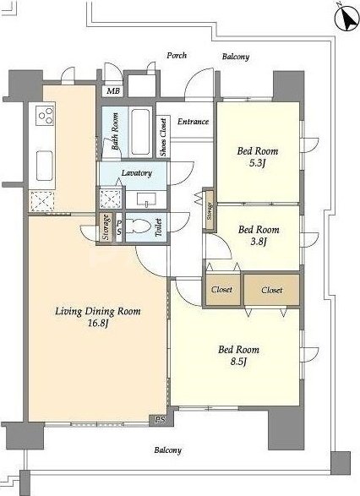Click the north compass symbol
[346, 19]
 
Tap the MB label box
[112, 91]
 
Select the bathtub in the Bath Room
[140, 132]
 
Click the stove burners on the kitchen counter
[45, 115]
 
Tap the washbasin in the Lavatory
[146, 200]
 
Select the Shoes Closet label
[163, 137]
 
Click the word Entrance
[193, 122]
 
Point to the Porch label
[177, 56]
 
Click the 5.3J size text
[258, 163]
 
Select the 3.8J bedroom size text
[259, 242]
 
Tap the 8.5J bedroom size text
[238, 362]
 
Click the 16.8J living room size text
[98, 324]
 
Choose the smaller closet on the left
[221, 290]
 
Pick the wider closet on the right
[272, 290]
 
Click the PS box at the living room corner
[161, 420]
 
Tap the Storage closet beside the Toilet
[106, 227]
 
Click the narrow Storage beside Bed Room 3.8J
[209, 211]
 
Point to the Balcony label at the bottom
[167, 450]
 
